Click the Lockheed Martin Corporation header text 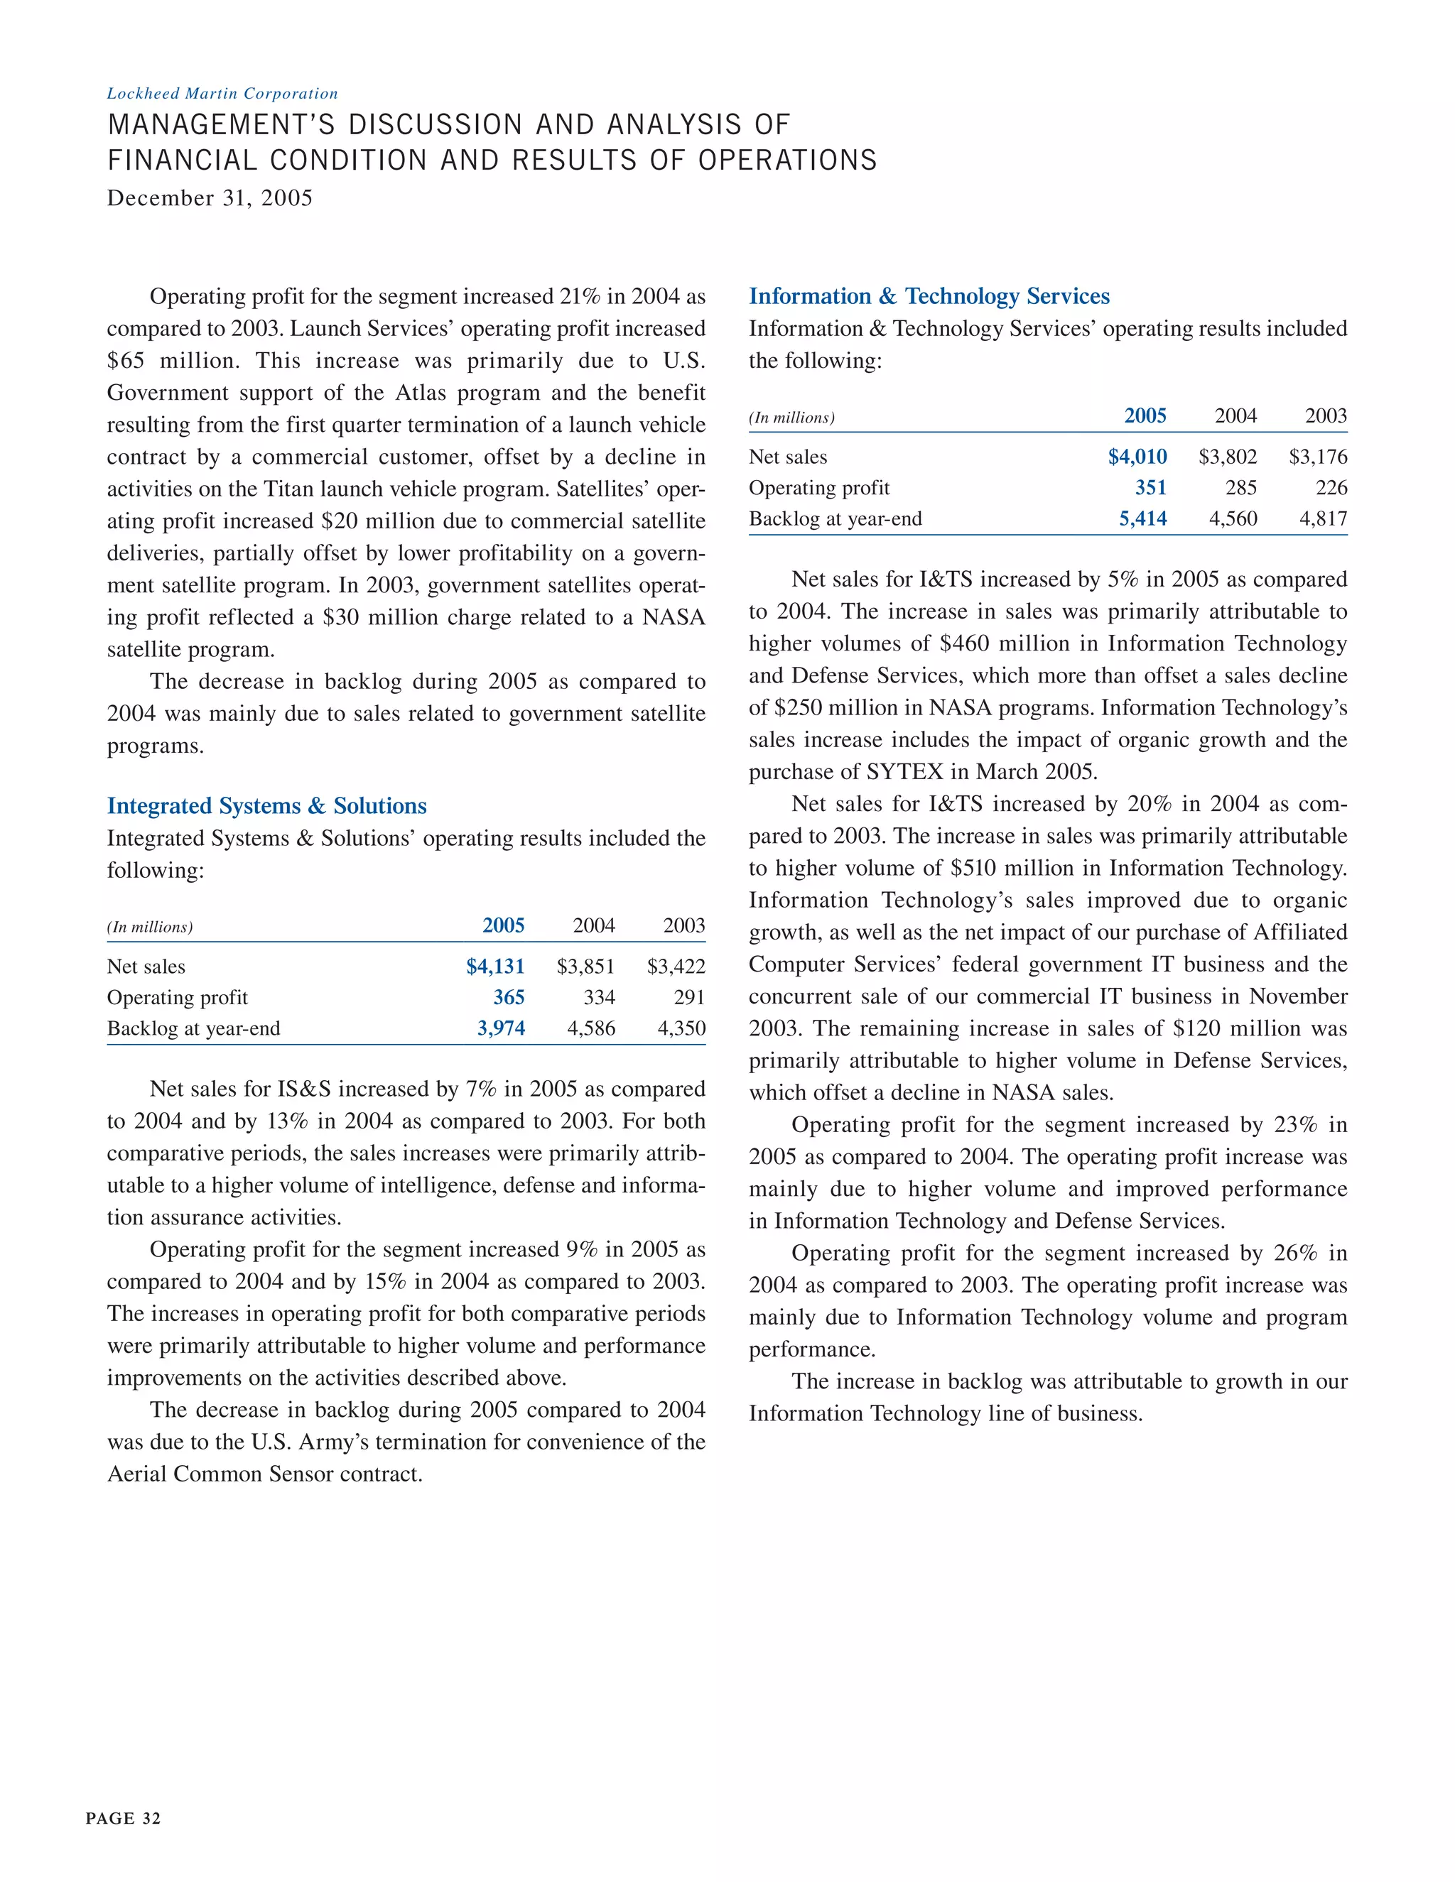(x=222, y=94)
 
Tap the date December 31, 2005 (x=210, y=198)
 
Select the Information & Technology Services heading (x=929, y=296)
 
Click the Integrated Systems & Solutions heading (x=266, y=806)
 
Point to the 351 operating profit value (x=1150, y=488)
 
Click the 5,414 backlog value (x=1142, y=518)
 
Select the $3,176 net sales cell (x=1317, y=457)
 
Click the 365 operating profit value (x=508, y=998)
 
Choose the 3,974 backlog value (x=501, y=1029)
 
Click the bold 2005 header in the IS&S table (x=504, y=926)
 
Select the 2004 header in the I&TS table (x=1235, y=416)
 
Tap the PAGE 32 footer (x=123, y=1818)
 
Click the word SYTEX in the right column (x=905, y=772)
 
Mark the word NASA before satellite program (x=674, y=618)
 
